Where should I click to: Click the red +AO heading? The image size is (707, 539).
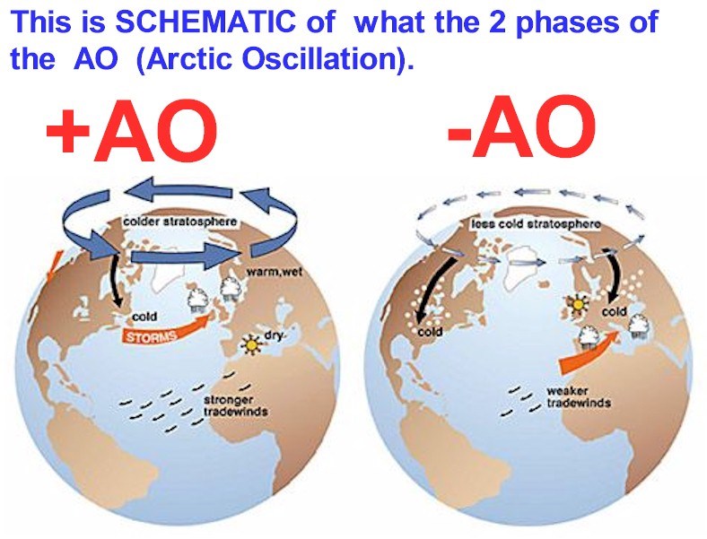(133, 132)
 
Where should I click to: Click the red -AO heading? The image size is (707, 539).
(521, 127)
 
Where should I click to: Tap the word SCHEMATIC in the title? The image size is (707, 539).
(205, 22)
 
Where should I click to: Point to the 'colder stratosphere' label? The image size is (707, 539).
(180, 222)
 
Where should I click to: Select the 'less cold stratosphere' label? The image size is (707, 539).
(536, 224)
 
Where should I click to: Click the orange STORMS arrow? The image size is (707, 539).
(167, 330)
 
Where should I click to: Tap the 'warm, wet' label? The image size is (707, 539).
(275, 273)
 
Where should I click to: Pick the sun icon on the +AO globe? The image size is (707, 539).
(251, 344)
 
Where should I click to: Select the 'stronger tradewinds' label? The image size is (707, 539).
(235, 405)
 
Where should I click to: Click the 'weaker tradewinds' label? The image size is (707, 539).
(579, 396)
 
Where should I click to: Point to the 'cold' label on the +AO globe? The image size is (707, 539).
(144, 317)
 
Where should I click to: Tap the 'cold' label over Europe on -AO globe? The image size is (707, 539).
(614, 312)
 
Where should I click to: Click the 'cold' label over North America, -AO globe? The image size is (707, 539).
(430, 332)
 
